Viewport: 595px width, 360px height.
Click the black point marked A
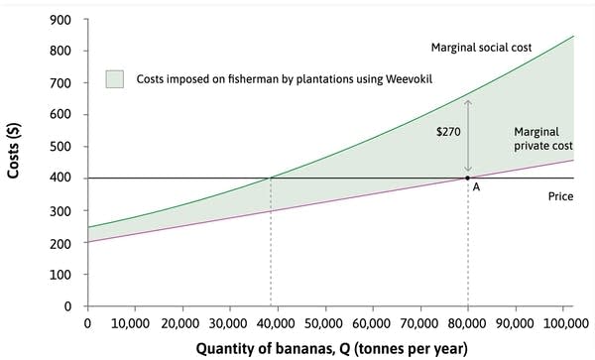coord(468,179)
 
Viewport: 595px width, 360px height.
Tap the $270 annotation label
coord(449,130)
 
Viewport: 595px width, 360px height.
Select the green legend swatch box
coord(114,77)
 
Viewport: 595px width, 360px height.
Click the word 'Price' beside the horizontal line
coord(561,197)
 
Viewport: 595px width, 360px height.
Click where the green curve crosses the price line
coord(270,179)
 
